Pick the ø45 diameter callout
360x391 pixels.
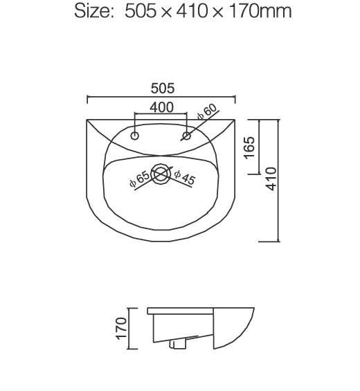(185, 177)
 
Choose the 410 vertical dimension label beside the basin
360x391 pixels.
(271, 179)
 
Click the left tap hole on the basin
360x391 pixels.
(136, 134)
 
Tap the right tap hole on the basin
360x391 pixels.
(186, 134)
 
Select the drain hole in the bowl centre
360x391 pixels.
(161, 174)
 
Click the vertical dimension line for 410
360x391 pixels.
(279, 180)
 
